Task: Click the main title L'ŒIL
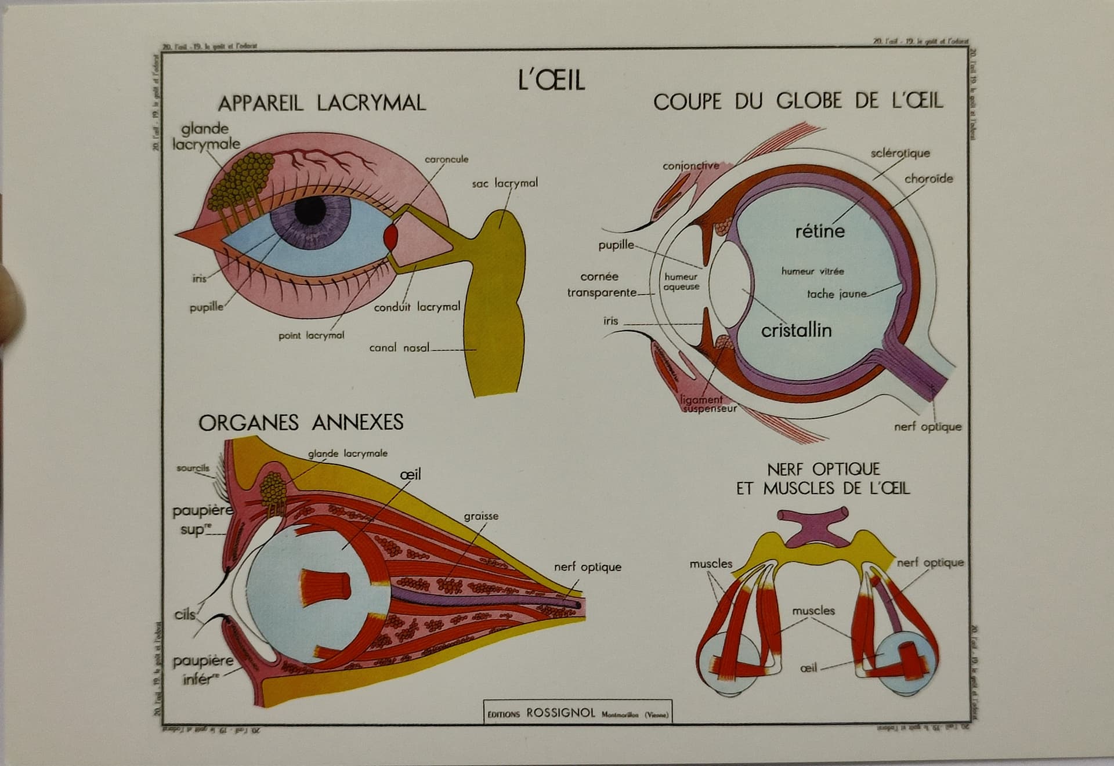pos(551,80)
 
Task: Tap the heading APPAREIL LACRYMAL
pos(321,103)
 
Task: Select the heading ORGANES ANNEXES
pos(301,422)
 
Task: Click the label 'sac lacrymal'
pos(504,183)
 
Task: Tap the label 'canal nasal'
pos(399,348)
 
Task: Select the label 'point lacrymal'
pos(311,335)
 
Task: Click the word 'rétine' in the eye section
pos(819,231)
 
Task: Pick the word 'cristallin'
pos(796,331)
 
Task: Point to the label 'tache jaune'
pos(836,294)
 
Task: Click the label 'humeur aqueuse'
pos(681,282)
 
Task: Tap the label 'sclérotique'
pos(900,153)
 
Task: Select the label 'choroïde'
pos(928,179)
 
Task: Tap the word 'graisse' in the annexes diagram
pos(481,516)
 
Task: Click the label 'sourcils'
pos(193,468)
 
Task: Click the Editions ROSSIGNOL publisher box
pos(578,713)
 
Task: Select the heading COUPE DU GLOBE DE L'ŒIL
pos(798,101)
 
